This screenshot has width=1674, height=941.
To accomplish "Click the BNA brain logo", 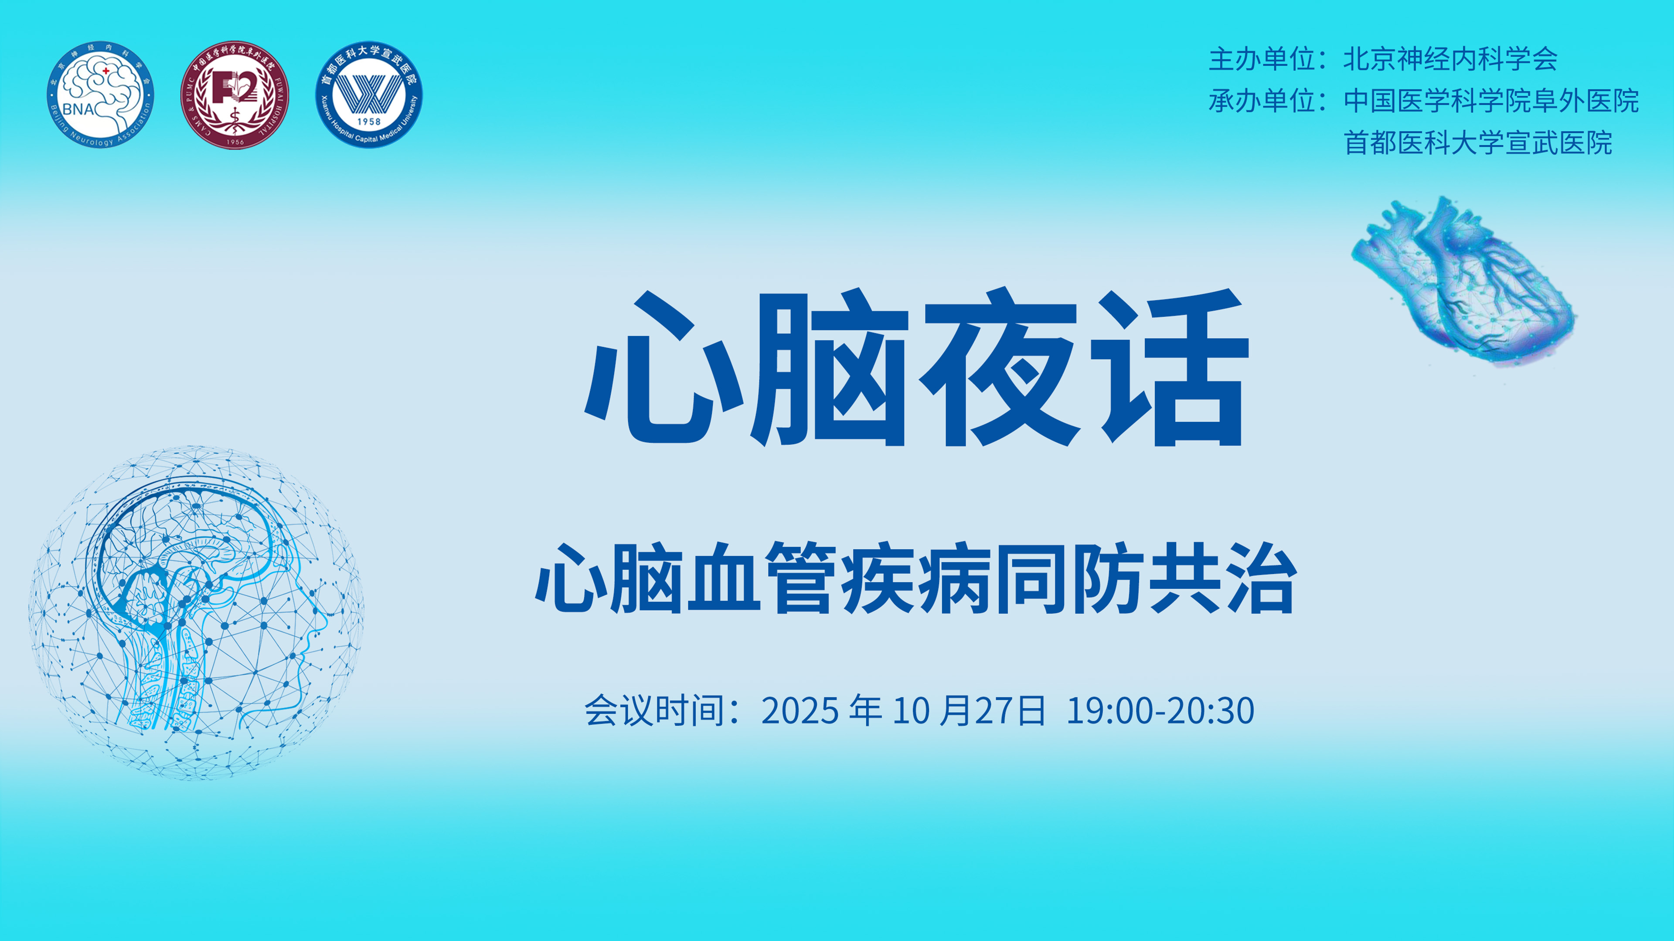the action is (100, 94).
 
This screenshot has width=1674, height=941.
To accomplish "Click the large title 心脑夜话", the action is (916, 367).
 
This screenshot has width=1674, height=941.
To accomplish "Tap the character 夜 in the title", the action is (1001, 367).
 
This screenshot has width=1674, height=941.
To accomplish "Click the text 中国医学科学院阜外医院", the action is (1491, 101).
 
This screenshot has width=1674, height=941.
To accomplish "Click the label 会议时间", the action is (654, 710).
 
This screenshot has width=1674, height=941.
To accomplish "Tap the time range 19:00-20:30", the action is (1160, 711).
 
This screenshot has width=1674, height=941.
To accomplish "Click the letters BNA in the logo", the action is (78, 109).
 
